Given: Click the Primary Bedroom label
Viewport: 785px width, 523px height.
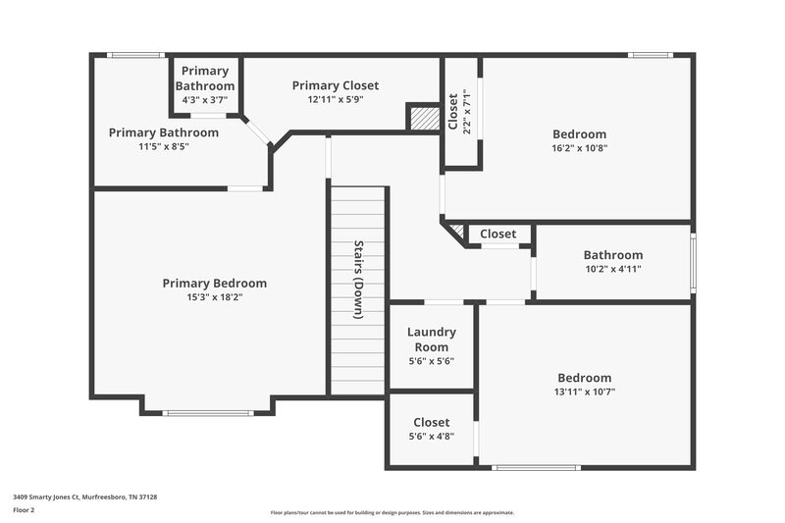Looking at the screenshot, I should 214,284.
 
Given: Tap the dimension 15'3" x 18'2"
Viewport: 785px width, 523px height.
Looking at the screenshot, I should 214,296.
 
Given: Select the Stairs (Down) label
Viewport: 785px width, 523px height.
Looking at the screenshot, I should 359,280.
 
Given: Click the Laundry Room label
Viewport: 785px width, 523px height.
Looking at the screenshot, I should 431,340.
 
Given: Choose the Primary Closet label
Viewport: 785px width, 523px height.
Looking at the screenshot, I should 335,85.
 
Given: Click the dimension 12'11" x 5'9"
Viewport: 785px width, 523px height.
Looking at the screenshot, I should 335,99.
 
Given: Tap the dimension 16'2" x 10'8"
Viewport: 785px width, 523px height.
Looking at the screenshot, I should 579,147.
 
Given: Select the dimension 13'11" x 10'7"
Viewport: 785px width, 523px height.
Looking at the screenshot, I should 584,391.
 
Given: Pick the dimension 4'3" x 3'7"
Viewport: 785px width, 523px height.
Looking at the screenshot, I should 205,99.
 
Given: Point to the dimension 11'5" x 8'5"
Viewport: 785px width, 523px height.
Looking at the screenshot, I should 163,146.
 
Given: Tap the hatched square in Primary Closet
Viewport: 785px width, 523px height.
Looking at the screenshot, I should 423,118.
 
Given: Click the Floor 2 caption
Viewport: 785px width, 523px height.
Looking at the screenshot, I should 24,510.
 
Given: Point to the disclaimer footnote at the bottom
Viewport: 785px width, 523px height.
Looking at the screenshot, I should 392,512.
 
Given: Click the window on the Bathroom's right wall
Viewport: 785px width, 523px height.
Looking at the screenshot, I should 692,263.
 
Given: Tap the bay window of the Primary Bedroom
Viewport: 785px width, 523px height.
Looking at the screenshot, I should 208,413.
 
